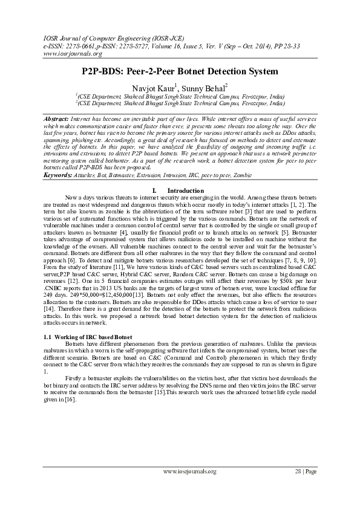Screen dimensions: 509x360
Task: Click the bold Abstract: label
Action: (57, 120)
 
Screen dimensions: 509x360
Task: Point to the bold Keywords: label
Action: (59, 175)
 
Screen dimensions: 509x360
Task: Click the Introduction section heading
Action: (181, 191)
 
